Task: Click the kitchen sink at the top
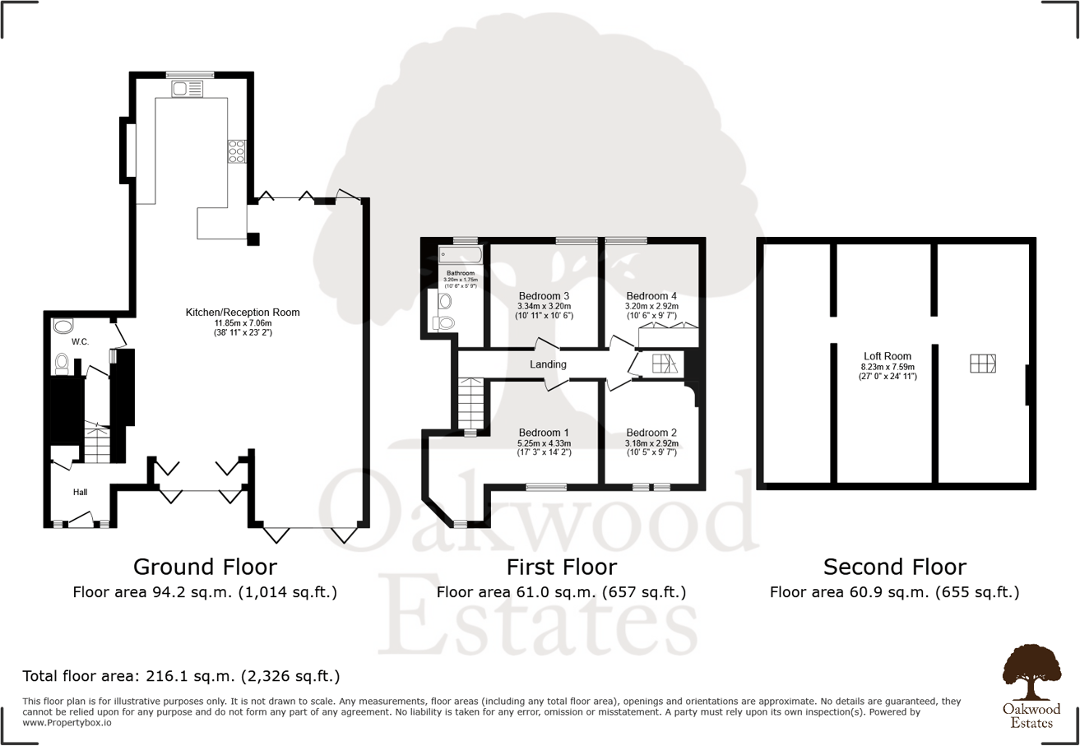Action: (x=182, y=88)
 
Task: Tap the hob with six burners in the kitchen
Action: (x=236, y=151)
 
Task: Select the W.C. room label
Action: (x=80, y=341)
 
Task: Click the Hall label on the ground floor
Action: (x=80, y=492)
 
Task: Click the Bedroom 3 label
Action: (x=545, y=296)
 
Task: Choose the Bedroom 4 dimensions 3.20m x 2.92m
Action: (x=651, y=306)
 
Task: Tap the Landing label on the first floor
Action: (x=549, y=364)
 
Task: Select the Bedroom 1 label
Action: (x=545, y=433)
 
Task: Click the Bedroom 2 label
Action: (x=651, y=433)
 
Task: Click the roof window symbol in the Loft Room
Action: (x=982, y=364)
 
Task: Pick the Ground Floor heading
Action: (x=205, y=567)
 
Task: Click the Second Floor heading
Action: (x=895, y=567)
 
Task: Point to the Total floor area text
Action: (x=181, y=677)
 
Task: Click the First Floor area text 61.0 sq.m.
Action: (x=561, y=592)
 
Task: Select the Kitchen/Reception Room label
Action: (x=243, y=313)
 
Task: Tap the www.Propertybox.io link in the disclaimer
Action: (x=67, y=723)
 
